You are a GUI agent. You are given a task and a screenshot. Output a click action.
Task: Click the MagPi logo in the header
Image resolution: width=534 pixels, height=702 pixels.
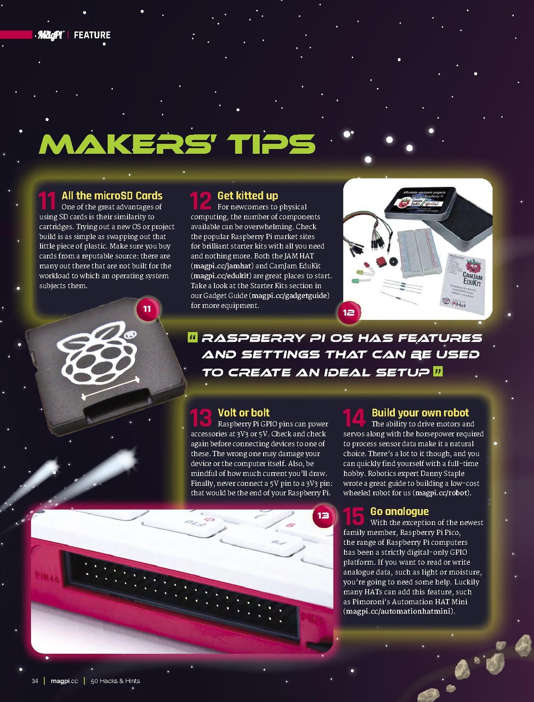coord(50,35)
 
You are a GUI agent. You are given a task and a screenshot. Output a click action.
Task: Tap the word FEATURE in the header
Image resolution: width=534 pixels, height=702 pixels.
coord(92,35)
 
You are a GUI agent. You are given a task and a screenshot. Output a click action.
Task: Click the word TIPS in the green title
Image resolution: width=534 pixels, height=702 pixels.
coord(271,144)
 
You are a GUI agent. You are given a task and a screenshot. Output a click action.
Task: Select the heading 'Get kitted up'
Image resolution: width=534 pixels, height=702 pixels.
coord(248,196)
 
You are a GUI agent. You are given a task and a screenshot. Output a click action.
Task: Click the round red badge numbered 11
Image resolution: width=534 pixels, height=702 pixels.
coord(147,309)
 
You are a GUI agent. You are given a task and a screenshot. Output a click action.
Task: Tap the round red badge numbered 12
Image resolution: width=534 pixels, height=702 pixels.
coord(349,312)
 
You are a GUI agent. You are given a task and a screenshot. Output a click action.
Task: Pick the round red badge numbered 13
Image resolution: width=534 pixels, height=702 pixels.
coord(323,516)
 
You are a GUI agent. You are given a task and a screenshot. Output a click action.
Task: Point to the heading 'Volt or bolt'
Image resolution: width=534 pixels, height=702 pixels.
coord(243,413)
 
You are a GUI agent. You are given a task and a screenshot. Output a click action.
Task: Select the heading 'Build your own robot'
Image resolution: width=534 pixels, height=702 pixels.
coord(420,413)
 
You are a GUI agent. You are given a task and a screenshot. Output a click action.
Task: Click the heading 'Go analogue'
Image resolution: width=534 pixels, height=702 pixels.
coord(399,512)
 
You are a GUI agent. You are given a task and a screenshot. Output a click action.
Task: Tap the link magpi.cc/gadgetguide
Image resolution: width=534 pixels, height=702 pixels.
coord(290,296)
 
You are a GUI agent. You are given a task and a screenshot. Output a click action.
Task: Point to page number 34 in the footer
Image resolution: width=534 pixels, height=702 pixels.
coord(35,681)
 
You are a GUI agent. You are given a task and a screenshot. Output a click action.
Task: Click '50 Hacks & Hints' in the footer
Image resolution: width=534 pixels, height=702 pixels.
coord(115,681)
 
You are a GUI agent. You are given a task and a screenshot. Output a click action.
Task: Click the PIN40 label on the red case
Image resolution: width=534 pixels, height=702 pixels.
coord(47,576)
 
